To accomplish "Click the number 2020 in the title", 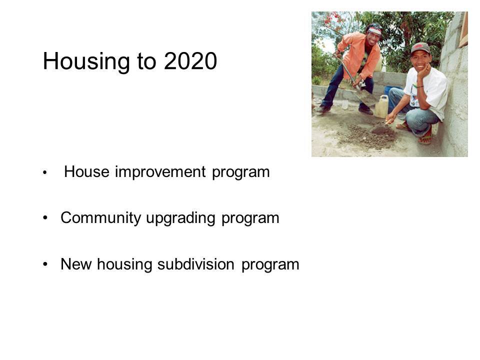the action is pos(190,61).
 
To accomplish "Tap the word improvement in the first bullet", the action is pos(160,172).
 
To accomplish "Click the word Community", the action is pos(100,218).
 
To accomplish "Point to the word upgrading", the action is pos(180,218).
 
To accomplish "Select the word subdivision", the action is pos(196,264).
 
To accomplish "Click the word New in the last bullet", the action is pos(76,264).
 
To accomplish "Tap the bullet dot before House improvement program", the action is pos(45,172).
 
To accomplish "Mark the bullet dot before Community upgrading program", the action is pos(45,218).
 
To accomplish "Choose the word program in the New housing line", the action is pos(270,265).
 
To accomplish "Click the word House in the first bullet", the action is pos(86,171).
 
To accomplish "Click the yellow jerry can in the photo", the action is pos(381,106).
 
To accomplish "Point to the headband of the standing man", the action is pos(374,30).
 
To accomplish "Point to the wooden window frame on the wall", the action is pos(463,29).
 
